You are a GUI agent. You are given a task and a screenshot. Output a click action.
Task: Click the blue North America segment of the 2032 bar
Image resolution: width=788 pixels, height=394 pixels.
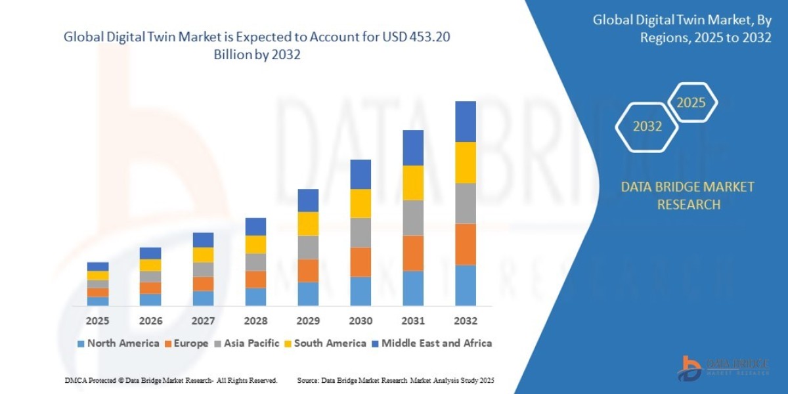pyautogui.click(x=465, y=285)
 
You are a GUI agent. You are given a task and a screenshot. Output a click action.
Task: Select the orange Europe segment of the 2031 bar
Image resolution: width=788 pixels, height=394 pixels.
pyautogui.click(x=412, y=253)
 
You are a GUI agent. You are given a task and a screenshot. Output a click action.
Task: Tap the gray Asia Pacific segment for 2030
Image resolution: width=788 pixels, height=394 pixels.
pyautogui.click(x=361, y=232)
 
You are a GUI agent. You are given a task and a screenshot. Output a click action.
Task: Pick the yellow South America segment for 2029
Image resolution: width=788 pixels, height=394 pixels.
pyautogui.click(x=308, y=223)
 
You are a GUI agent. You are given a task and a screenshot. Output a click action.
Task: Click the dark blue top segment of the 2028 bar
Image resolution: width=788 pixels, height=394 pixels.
pyautogui.click(x=255, y=227)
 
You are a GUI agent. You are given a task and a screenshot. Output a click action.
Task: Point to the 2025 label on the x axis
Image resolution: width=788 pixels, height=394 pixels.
pyautogui.click(x=97, y=321)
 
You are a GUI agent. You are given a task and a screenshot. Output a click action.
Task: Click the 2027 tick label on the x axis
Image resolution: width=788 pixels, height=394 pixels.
pyautogui.click(x=203, y=321)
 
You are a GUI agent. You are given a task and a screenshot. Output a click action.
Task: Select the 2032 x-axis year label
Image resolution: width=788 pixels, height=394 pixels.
pyautogui.click(x=465, y=321)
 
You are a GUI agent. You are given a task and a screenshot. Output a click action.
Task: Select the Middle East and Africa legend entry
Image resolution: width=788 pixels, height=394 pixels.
pyautogui.click(x=431, y=343)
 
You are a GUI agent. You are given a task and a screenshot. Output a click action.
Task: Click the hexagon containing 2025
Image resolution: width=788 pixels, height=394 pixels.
pyautogui.click(x=691, y=103)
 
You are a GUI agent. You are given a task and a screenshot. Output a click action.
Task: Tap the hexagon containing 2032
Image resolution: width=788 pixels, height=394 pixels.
pyautogui.click(x=647, y=127)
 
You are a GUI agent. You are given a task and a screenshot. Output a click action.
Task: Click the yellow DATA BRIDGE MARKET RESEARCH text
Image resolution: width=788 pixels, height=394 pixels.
pyautogui.click(x=688, y=196)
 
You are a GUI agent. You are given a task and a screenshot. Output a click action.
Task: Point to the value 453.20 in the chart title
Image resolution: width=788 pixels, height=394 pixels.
pyautogui.click(x=429, y=38)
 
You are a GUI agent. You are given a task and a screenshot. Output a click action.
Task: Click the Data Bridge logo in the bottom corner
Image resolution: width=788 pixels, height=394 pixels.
pyautogui.click(x=722, y=367)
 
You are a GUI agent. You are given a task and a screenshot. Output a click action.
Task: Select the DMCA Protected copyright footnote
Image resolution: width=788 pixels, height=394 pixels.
pyautogui.click(x=171, y=380)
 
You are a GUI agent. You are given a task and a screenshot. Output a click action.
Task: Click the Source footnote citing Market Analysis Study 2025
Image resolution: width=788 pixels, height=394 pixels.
pyautogui.click(x=395, y=380)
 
